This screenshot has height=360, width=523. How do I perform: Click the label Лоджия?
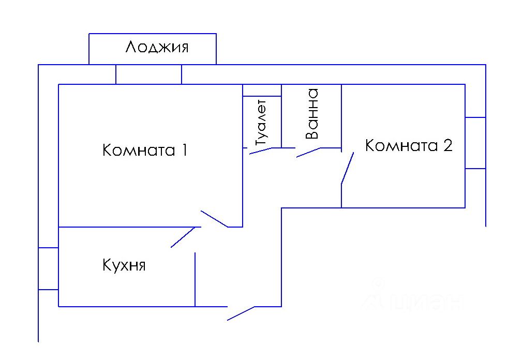(x=157, y=48)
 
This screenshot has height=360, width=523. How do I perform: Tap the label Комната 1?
(x=144, y=151)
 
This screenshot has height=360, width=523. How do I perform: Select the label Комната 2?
(x=409, y=145)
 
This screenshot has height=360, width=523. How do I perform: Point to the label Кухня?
(x=124, y=266)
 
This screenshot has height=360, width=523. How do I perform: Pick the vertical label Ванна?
(x=311, y=114)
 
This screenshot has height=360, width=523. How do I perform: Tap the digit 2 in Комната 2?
(x=447, y=145)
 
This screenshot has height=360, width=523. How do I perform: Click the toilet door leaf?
(x=261, y=151)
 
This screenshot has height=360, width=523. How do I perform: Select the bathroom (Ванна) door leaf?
(x=308, y=153)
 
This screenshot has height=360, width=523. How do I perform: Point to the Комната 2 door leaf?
(x=347, y=168)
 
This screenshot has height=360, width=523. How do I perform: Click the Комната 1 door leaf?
(x=214, y=219)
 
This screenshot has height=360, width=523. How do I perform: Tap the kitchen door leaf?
(x=182, y=237)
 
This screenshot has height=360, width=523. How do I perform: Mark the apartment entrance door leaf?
(x=241, y=313)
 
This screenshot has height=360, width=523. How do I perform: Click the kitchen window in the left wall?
(x=48, y=268)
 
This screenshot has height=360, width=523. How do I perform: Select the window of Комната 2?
(x=475, y=143)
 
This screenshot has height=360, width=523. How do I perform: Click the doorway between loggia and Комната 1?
(x=148, y=74)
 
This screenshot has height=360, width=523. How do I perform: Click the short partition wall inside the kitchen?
(x=195, y=279)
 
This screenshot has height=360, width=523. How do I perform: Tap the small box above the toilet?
(x=262, y=91)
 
